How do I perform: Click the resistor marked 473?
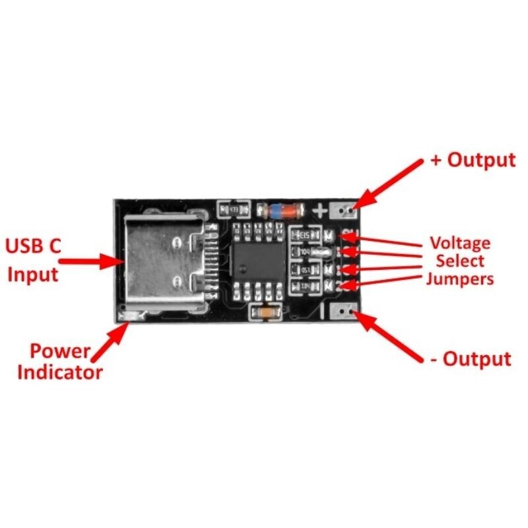233,209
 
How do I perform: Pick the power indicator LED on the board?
129,318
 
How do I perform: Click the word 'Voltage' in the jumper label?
460,243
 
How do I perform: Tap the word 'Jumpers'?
460,278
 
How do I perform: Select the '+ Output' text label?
472,160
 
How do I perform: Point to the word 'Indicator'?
60,372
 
